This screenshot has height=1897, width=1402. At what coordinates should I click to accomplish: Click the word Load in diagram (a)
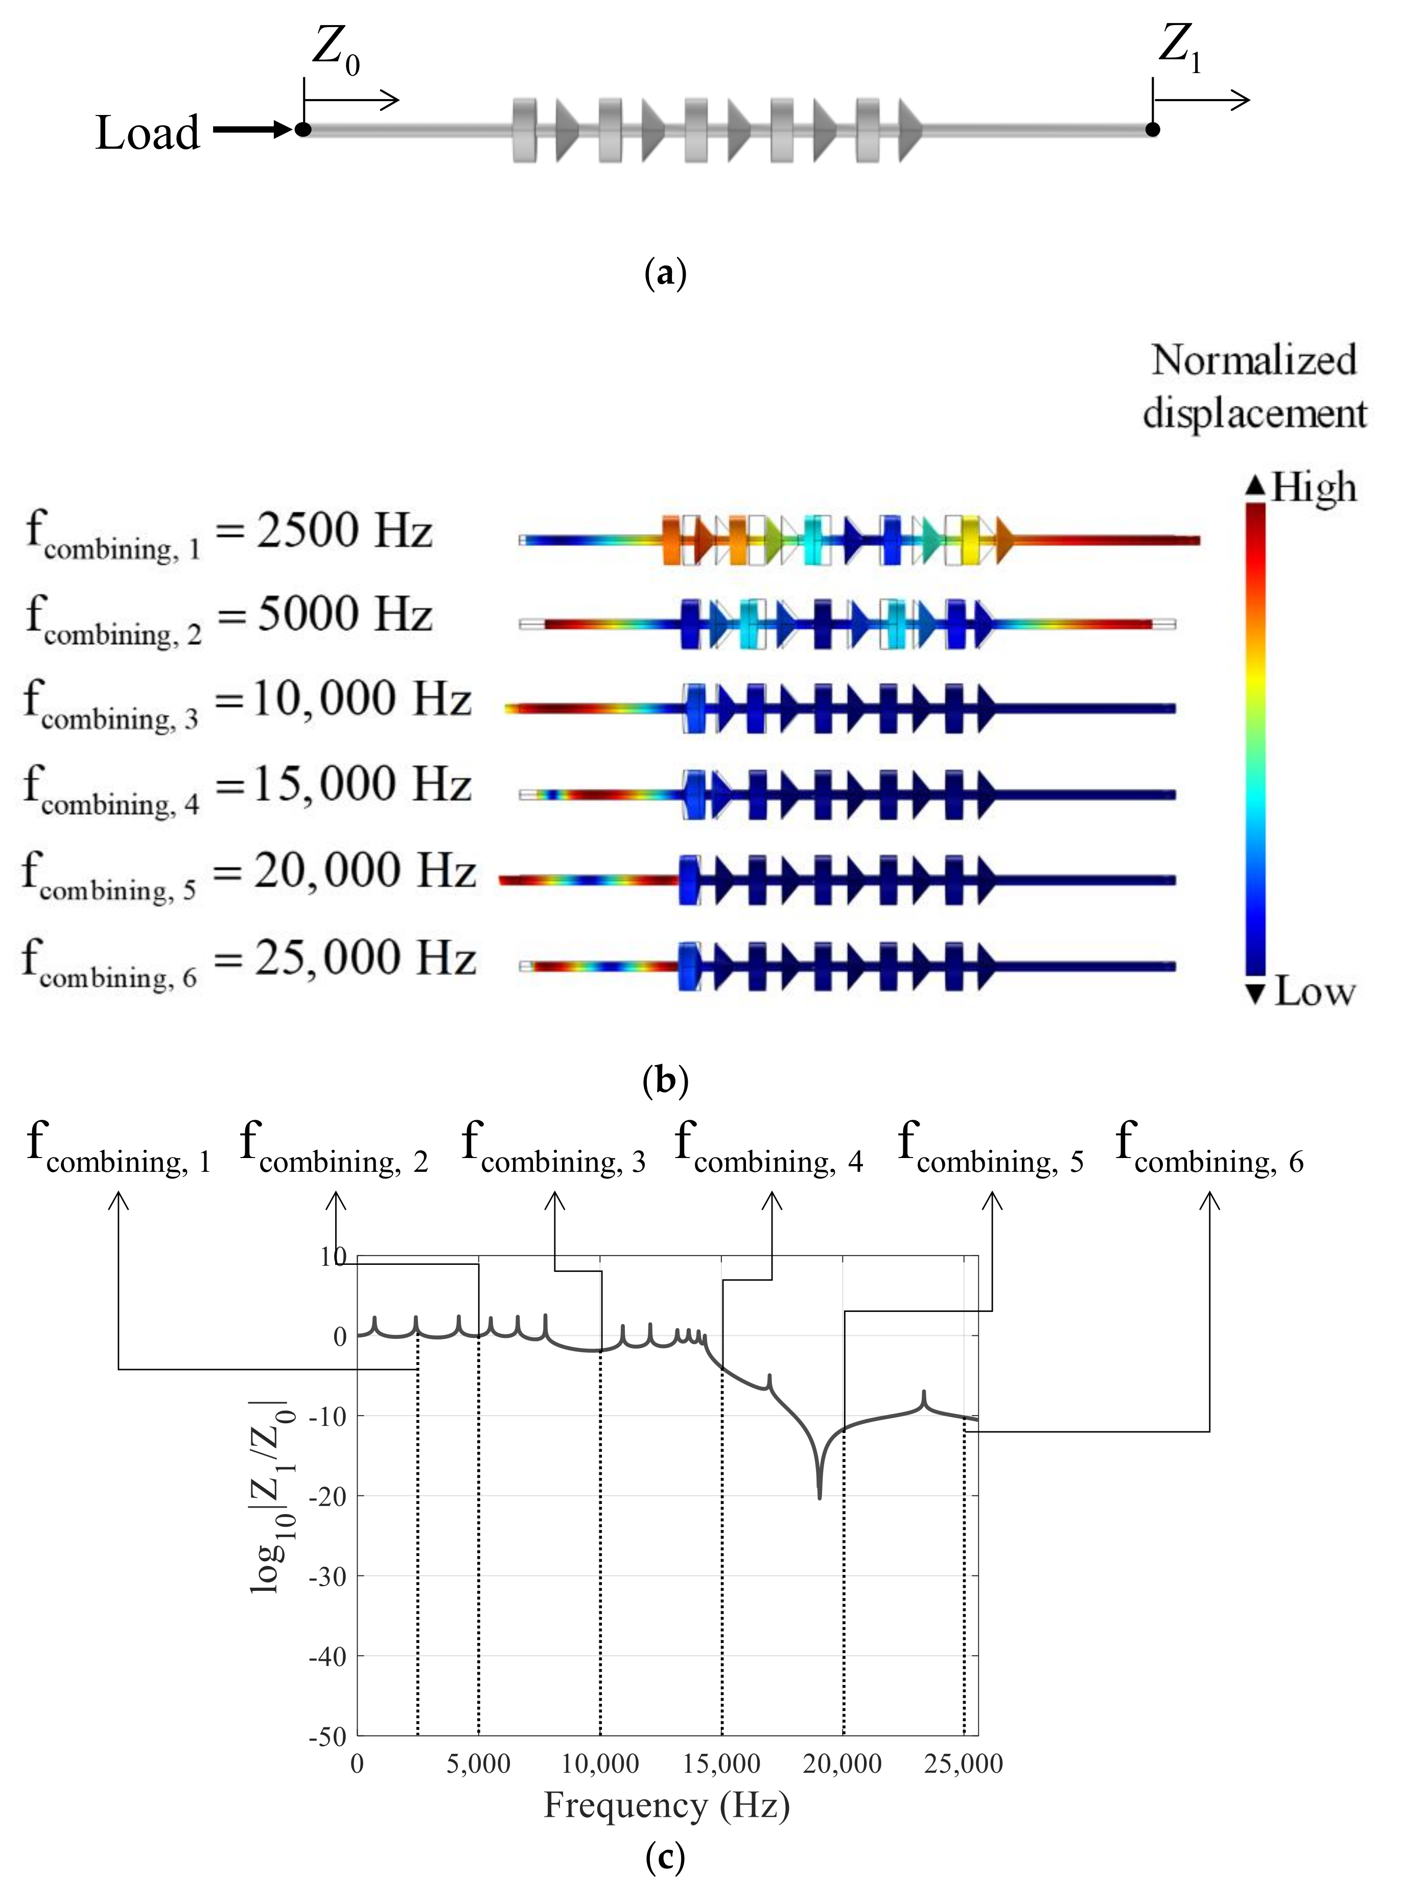pos(148,133)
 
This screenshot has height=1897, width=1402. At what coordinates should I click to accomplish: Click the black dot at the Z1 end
pos(1152,129)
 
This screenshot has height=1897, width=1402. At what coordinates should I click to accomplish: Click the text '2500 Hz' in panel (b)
pos(344,531)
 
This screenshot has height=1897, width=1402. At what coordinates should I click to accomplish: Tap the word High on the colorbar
pos(1314,488)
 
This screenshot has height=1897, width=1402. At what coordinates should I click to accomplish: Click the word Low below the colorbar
pos(1314,991)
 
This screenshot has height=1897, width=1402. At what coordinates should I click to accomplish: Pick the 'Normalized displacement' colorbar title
pos(1254,387)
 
